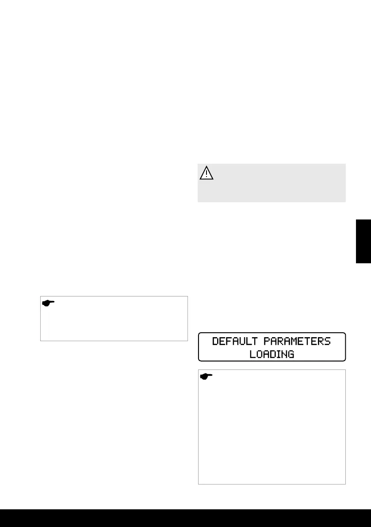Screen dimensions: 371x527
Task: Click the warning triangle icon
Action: tap(206, 173)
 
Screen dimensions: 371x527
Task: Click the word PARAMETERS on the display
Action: tap(297, 342)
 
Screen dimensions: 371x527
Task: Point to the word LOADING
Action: tap(272, 354)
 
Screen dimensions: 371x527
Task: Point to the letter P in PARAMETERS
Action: tap(268, 342)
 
